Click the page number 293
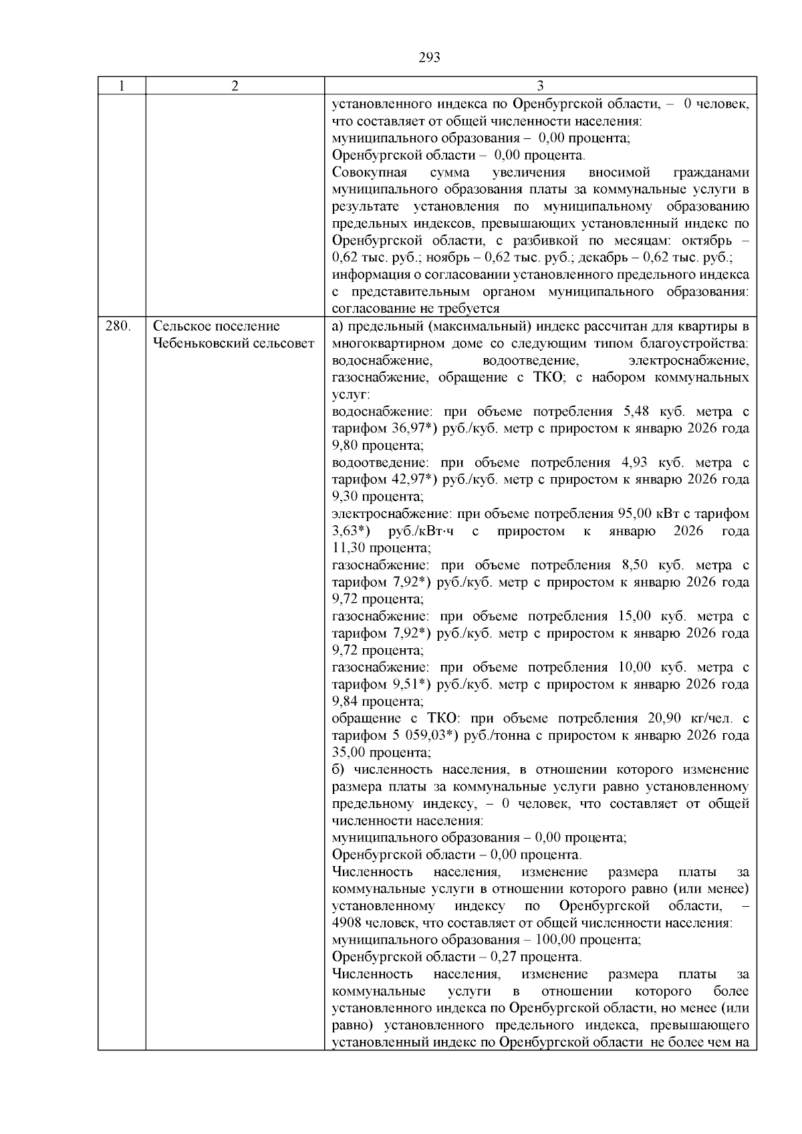click(x=429, y=58)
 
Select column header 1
click(x=121, y=86)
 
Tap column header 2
click(x=235, y=86)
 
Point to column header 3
click(x=540, y=86)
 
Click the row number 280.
click(x=118, y=327)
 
